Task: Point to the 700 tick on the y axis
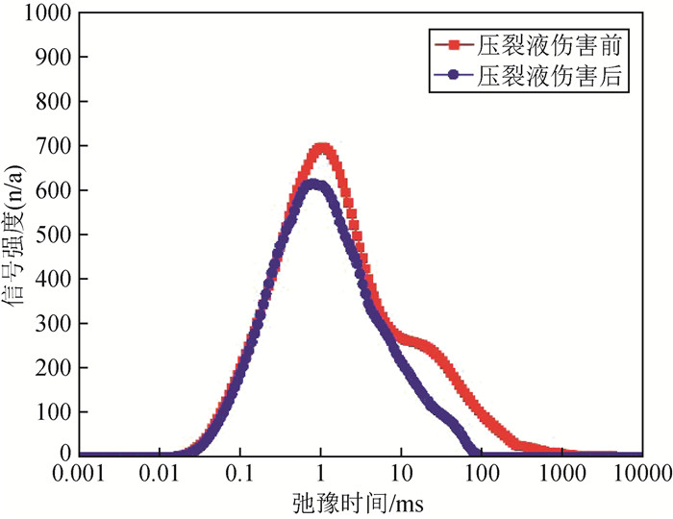click(56, 146)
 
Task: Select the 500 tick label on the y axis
click(56, 235)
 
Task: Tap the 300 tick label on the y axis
click(56, 323)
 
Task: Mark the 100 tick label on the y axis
click(56, 411)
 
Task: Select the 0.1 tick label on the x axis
click(242, 473)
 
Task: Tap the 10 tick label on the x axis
click(401, 473)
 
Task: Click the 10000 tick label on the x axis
click(640, 473)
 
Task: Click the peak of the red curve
click(322, 147)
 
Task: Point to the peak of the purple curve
click(313, 184)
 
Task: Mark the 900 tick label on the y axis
click(56, 58)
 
